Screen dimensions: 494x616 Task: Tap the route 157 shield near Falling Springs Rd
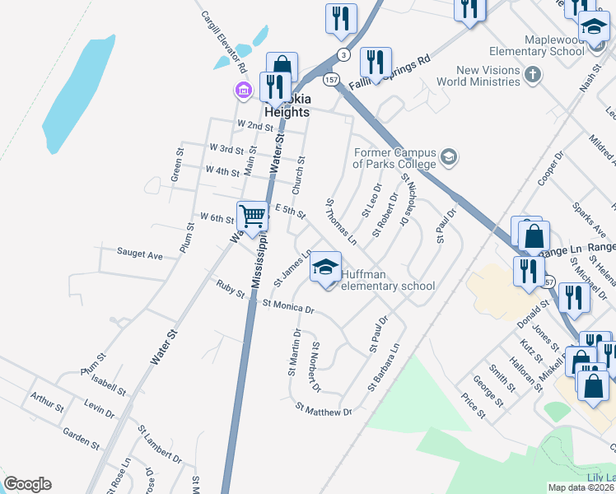(x=331, y=80)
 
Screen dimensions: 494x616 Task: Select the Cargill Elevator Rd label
(x=224, y=36)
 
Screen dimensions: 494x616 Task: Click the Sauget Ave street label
(x=139, y=254)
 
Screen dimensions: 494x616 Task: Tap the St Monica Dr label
(x=288, y=306)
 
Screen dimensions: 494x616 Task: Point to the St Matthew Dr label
(x=323, y=409)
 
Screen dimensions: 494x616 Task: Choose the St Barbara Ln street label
(x=385, y=367)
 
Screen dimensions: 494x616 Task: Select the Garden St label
(x=81, y=437)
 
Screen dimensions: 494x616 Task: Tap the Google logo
(x=27, y=484)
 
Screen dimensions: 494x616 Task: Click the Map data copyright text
(x=581, y=487)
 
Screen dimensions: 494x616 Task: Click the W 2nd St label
(x=254, y=125)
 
